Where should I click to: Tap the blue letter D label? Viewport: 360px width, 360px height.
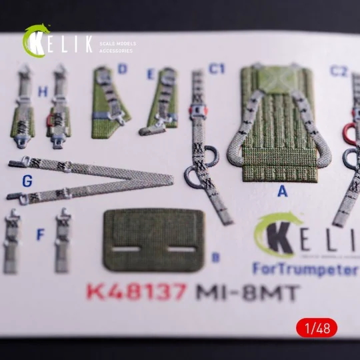tap(122, 69)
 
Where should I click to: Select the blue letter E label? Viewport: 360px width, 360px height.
tap(151, 73)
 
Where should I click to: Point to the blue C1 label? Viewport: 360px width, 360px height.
tap(217, 69)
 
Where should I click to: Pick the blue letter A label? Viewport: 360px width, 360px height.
tap(282, 192)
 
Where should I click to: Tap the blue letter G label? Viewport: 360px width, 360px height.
tap(27, 181)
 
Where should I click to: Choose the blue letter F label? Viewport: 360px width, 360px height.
tap(41, 235)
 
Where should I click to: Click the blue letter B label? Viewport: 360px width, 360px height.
tap(215, 257)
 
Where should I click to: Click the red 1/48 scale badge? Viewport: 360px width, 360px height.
tap(317, 327)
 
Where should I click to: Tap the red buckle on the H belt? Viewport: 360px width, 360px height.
tap(52, 121)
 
